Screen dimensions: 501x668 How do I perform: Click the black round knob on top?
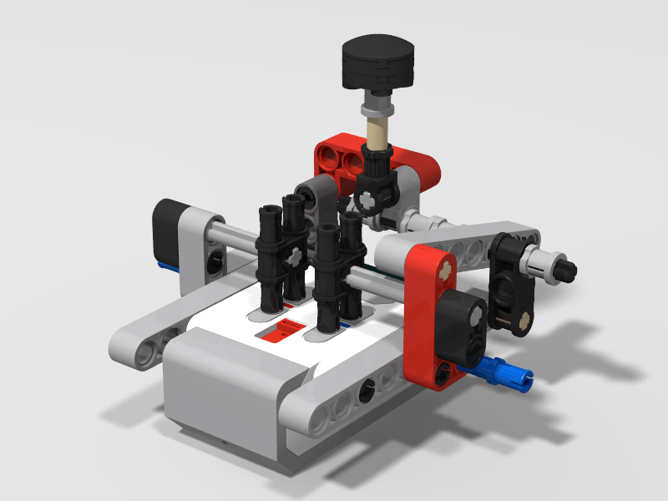coord(378,60)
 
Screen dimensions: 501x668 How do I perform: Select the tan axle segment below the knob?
coord(377,132)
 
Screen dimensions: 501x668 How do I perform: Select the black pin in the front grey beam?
coord(367,389)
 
